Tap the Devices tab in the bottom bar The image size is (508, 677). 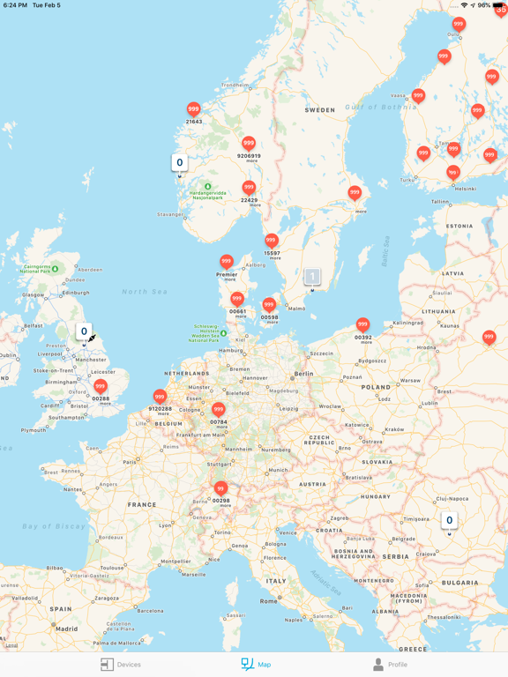pos(121,665)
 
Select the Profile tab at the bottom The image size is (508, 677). pos(389,665)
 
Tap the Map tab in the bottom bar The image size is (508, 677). pos(256,665)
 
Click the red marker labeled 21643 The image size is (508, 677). pos(194,109)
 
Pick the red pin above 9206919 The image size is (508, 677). pos(249,143)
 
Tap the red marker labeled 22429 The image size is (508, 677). pos(250,187)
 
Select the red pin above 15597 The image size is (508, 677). pos(272,240)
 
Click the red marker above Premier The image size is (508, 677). pos(227,262)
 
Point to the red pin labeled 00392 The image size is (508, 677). pos(362,324)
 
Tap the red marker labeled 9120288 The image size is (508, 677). pos(160,397)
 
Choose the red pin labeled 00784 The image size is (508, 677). pos(219,409)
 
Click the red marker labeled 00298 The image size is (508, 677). pos(221,488)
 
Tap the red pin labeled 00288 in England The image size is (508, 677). pos(101,386)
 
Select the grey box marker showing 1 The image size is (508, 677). pos(311,277)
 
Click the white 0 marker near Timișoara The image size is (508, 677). pos(449,521)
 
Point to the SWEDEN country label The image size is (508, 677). pos(320,110)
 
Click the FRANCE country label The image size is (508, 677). pos(142,505)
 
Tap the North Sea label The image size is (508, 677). pos(145,291)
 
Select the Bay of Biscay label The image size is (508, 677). pos(53,526)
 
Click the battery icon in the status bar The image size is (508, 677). pos(499,5)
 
